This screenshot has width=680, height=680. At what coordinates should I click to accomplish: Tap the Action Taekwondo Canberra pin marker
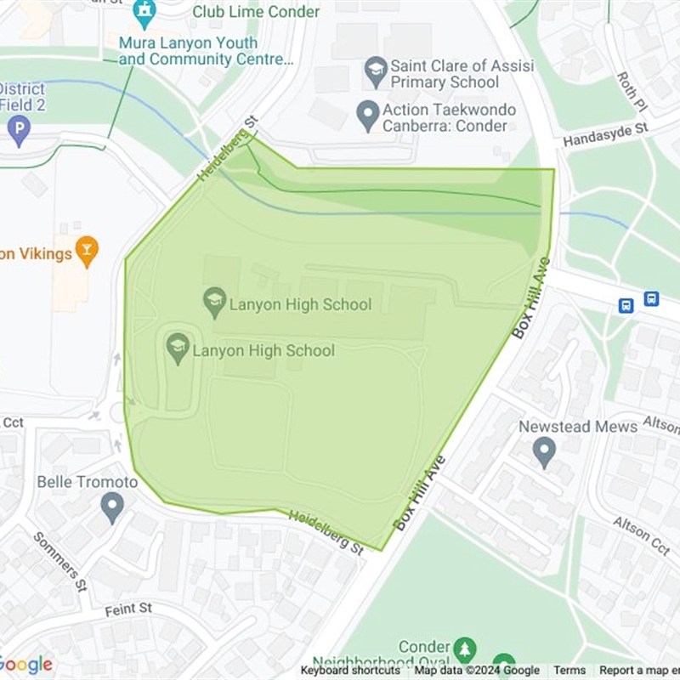point(367,115)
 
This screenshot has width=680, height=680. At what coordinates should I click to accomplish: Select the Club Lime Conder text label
point(256,12)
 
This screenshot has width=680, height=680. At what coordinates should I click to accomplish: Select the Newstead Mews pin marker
point(544,450)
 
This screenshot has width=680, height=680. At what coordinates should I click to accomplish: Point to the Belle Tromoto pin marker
point(111,507)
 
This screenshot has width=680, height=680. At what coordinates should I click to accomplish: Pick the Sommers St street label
point(59,561)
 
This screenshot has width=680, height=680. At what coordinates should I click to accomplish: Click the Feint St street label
point(128,609)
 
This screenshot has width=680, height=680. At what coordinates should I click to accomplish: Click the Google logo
point(26,665)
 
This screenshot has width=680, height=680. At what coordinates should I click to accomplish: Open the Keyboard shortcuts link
point(350,671)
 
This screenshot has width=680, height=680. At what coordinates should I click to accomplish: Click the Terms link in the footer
point(569,671)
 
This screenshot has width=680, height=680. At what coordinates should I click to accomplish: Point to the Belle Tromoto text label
point(87,482)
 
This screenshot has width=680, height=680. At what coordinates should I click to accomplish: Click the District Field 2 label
point(22,97)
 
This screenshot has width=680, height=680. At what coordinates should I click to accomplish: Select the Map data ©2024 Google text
point(477,671)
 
